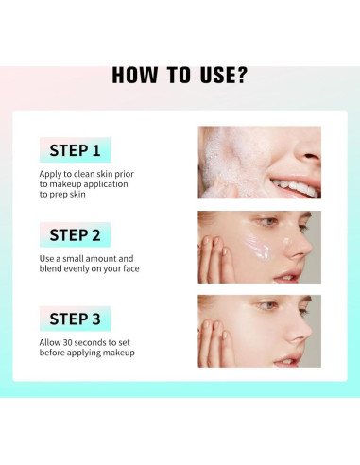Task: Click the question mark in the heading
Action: coord(242,75)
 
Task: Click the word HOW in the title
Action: coord(134,76)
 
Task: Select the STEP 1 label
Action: coord(75,150)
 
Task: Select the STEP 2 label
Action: coord(75,234)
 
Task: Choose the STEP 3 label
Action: coord(75,319)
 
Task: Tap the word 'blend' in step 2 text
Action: coord(50,268)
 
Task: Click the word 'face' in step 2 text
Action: coord(131,269)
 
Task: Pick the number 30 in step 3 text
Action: coord(68,342)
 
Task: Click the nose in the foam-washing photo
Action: coord(308,148)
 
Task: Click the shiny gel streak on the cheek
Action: coord(257,243)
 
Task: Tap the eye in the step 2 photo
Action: coord(267,222)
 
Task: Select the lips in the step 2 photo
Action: coord(287,276)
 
